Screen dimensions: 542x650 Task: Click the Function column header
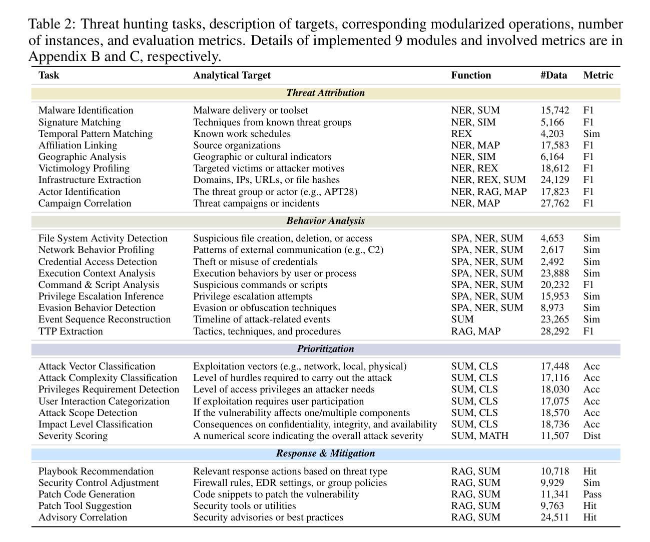click(x=471, y=75)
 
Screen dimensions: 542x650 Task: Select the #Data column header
click(x=553, y=75)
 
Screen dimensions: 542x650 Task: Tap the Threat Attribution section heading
click(x=325, y=93)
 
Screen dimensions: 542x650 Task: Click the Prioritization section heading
click(x=325, y=349)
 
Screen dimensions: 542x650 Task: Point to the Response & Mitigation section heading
click(x=325, y=453)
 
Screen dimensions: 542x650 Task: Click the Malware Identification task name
click(x=86, y=110)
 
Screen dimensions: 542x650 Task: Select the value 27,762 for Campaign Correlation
click(x=554, y=203)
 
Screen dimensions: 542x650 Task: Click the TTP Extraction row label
click(x=71, y=331)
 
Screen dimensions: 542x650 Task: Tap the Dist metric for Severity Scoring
click(x=591, y=436)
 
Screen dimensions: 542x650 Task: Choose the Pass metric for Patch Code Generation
click(x=592, y=494)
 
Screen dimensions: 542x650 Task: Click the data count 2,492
click(x=552, y=262)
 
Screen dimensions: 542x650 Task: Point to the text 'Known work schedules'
click(x=242, y=134)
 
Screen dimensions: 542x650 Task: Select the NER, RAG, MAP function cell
click(x=488, y=192)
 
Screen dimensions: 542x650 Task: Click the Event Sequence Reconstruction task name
click(x=105, y=319)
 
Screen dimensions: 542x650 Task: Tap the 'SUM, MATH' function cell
click(x=479, y=436)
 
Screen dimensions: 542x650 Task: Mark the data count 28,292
click(x=554, y=331)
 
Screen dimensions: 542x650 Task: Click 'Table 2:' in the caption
click(x=52, y=24)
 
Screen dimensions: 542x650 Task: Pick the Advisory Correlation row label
click(x=83, y=517)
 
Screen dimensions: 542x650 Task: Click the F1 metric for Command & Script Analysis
click(x=588, y=285)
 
